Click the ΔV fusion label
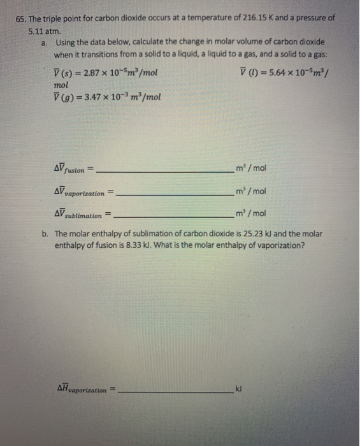point(70,169)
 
